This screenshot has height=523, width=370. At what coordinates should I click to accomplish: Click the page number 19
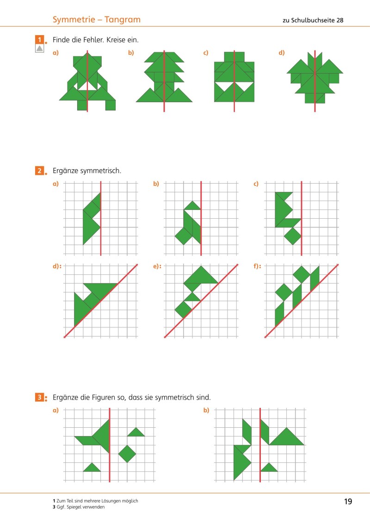tap(348, 502)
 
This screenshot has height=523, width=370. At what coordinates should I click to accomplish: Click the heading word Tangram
tap(123, 19)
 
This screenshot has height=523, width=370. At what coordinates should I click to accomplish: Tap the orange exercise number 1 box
tap(40, 39)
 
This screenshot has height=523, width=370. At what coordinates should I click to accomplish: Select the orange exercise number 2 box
tap(40, 171)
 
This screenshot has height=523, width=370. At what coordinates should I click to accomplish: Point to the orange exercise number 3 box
tap(40, 397)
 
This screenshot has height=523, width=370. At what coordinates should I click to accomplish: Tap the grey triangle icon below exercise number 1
tap(40, 49)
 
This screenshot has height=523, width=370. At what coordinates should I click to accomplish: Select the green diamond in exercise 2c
tap(292, 236)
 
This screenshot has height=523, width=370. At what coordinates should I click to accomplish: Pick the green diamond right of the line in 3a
tap(127, 454)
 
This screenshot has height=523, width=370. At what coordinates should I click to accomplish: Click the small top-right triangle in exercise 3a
tap(136, 433)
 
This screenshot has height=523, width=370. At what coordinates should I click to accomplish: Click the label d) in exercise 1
tap(282, 53)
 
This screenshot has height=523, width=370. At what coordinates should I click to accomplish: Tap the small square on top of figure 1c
tap(234, 56)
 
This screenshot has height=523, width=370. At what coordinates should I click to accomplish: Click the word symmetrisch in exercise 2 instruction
tap(101, 171)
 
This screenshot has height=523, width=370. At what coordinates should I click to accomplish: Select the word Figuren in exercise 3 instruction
tap(102, 397)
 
